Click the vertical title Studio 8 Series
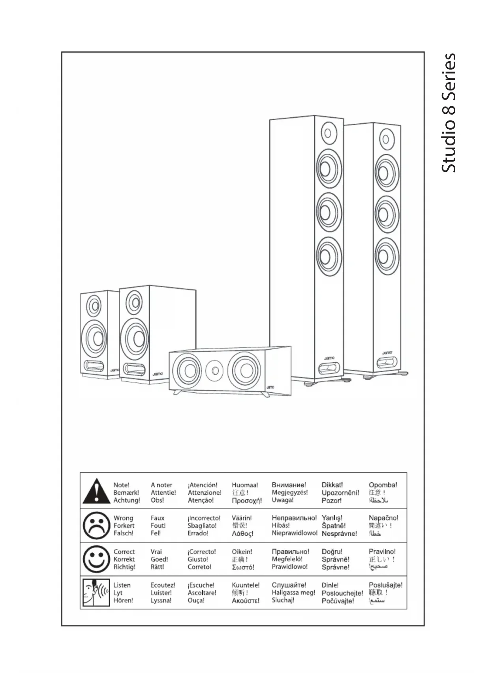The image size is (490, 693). pyautogui.click(x=449, y=113)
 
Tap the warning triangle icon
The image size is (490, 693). pyautogui.click(x=96, y=491)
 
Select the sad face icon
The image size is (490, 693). pyautogui.click(x=96, y=525)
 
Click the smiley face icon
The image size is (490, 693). pyautogui.click(x=96, y=559)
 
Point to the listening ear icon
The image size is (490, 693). pyautogui.click(x=96, y=592)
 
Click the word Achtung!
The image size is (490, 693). pyautogui.click(x=127, y=500)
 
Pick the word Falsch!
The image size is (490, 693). pyautogui.click(x=124, y=533)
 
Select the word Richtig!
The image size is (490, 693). pyautogui.click(x=124, y=567)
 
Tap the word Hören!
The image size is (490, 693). pyautogui.click(x=123, y=601)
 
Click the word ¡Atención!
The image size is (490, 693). pyautogui.click(x=203, y=485)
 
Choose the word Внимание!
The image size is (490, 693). pyautogui.click(x=289, y=485)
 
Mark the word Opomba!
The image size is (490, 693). pyautogui.click(x=383, y=485)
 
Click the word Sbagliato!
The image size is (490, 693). pyautogui.click(x=202, y=526)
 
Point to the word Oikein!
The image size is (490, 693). pyautogui.click(x=242, y=552)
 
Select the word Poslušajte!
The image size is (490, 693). pyautogui.click(x=386, y=585)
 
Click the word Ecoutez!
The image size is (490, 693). pyautogui.click(x=163, y=585)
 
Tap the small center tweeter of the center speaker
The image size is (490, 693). pyautogui.click(x=215, y=370)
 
